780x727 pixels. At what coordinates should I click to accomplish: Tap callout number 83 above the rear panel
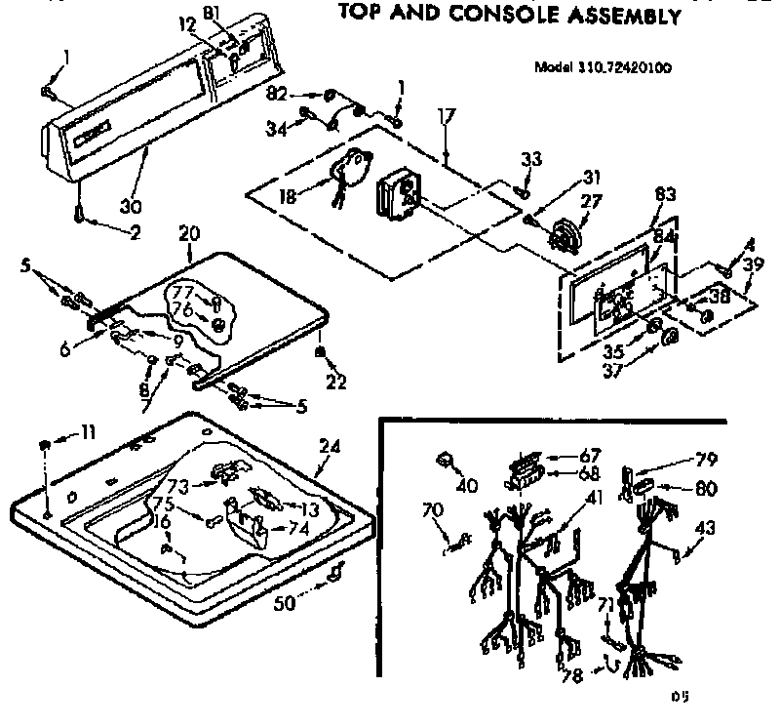(666, 194)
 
